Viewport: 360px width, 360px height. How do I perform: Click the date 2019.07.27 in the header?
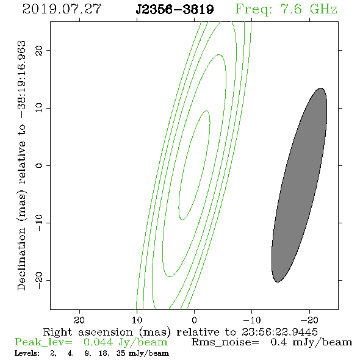pyautogui.click(x=62, y=9)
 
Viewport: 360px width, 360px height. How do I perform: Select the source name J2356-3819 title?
pyautogui.click(x=175, y=10)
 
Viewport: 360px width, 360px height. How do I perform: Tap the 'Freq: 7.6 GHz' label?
pyautogui.click(x=286, y=9)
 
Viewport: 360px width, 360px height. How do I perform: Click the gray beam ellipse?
pyautogui.click(x=300, y=185)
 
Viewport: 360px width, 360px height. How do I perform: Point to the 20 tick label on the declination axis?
pyautogui.click(x=39, y=50)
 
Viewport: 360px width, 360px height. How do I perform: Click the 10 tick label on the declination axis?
pyautogui.click(x=39, y=107)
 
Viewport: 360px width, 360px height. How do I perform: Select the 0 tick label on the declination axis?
pyautogui.click(x=39, y=165)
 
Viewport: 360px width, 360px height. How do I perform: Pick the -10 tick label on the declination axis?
pyautogui.click(x=39, y=223)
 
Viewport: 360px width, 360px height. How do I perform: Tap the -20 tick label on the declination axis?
pyautogui.click(x=39, y=280)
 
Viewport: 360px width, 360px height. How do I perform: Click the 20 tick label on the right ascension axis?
pyautogui.click(x=79, y=320)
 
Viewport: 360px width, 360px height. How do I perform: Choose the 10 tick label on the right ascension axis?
pyautogui.click(x=137, y=320)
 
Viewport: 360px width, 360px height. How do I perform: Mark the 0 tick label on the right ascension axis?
pyautogui.click(x=195, y=320)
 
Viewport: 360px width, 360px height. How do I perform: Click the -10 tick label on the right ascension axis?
pyautogui.click(x=252, y=320)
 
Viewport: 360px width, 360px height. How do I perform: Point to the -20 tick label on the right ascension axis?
pyautogui.click(x=309, y=320)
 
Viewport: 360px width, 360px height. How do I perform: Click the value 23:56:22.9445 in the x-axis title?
pyautogui.click(x=279, y=332)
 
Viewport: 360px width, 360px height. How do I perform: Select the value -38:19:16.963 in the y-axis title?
pyautogui.click(x=22, y=79)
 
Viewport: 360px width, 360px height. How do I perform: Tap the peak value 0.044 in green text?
pyautogui.click(x=98, y=342)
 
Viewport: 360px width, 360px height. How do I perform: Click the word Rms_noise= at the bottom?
pyautogui.click(x=225, y=342)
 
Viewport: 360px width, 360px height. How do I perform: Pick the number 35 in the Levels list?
pyautogui.click(x=121, y=353)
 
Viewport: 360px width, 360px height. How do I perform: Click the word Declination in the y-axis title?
pyautogui.click(x=22, y=259)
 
